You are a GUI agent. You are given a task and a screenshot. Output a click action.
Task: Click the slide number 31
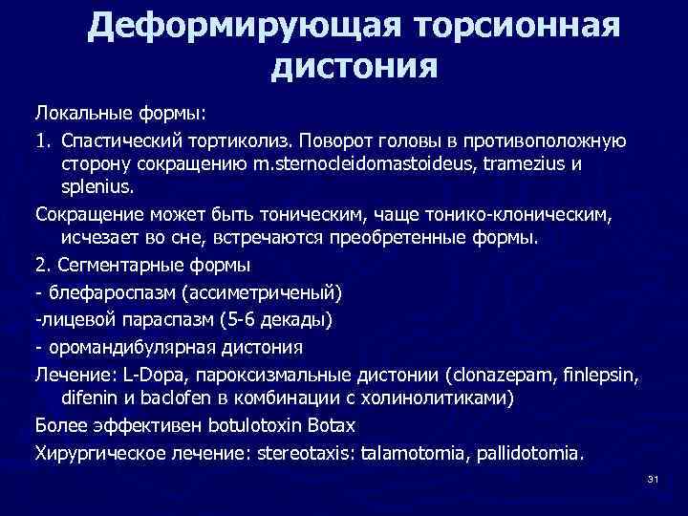[x=654, y=478]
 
